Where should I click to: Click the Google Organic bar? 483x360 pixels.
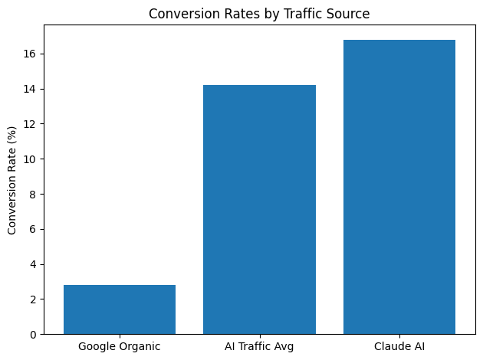point(120,309)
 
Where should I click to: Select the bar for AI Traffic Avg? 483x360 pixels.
point(259,210)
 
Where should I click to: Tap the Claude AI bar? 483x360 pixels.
point(399,187)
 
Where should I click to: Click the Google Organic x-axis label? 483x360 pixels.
point(120,346)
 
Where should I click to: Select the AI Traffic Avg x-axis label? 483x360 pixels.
point(259,346)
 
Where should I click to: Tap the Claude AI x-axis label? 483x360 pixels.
point(399,346)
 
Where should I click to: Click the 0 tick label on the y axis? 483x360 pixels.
point(34,335)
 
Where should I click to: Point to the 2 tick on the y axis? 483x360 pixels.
point(34,299)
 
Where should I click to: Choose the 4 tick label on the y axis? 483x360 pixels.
point(34,264)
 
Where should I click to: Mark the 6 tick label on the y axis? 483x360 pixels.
point(34,229)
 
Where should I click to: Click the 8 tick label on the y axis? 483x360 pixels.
point(34,195)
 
